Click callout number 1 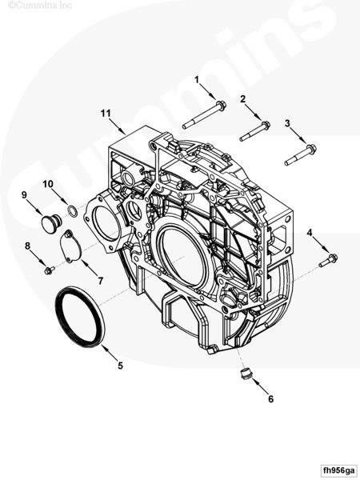[197, 80]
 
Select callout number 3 [287, 123]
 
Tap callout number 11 [106, 114]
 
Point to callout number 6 [270, 399]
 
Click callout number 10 [48, 184]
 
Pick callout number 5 [120, 366]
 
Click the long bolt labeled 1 [205, 114]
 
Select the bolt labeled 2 [254, 131]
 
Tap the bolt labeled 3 [300, 155]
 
